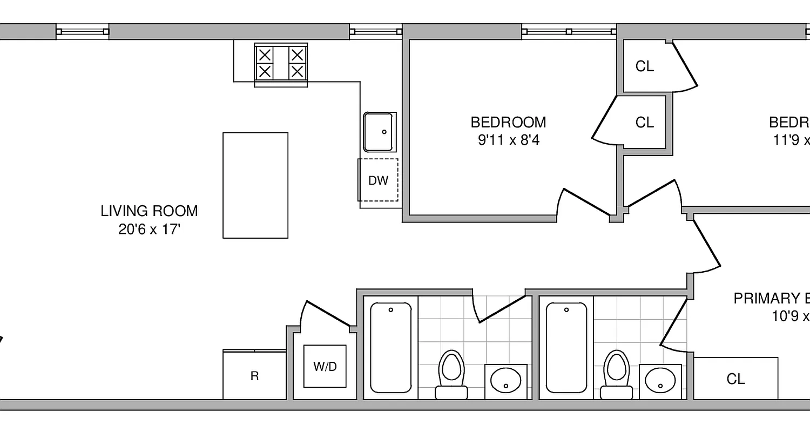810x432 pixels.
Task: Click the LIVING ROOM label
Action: coord(149,211)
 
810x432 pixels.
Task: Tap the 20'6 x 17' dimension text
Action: coord(149,229)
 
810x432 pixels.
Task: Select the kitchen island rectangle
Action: coord(255,185)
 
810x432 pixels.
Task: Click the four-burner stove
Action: coord(281,64)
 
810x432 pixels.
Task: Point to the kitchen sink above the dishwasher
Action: coord(380,132)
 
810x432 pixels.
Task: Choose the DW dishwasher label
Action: coord(378,180)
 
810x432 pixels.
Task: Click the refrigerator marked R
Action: coord(254,376)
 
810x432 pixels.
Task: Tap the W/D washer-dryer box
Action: coord(325,367)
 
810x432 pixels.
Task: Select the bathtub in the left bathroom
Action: coord(390,347)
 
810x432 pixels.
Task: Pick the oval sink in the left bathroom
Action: coord(505,381)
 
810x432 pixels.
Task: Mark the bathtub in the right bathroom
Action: coord(566,347)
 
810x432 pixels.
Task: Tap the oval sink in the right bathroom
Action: coord(660,381)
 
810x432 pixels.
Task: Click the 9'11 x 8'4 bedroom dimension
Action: coord(509,140)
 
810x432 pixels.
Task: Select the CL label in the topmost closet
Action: coord(644,66)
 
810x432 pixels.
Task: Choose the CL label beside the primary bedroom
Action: coord(735,379)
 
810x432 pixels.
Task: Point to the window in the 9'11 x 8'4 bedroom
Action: coord(569,32)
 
